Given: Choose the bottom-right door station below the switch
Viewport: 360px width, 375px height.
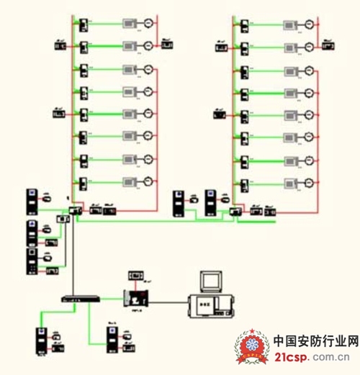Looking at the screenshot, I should coord(112,339).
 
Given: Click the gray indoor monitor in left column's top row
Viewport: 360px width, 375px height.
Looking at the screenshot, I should coord(130,24).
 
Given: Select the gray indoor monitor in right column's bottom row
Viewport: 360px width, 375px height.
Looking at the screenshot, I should coord(292,182).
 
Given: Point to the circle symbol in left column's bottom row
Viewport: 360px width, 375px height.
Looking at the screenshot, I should coord(148,182).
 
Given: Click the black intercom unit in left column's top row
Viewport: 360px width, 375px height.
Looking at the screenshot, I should coord(84,24).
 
